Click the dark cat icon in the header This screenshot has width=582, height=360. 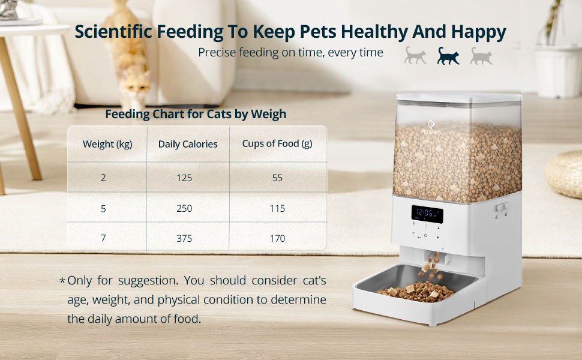(448, 55)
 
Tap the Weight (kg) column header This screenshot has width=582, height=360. (107, 144)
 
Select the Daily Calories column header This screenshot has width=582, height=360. (188, 144)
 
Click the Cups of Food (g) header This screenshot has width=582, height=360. (277, 143)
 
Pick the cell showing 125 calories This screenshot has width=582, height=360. (184, 178)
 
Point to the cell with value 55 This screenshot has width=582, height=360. (277, 178)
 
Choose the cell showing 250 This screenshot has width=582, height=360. (184, 208)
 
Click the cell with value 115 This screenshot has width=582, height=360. (277, 208)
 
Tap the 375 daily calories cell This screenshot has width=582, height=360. (184, 238)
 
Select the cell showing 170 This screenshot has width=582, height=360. (277, 238)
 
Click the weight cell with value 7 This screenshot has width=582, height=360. (103, 238)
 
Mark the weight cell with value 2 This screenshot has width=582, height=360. (103, 178)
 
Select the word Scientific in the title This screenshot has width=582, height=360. (113, 32)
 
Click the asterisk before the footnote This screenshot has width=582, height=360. (62, 281)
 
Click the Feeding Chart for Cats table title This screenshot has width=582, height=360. (196, 114)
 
